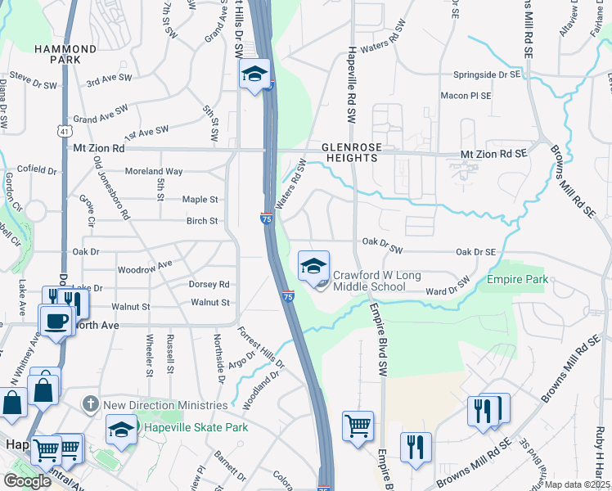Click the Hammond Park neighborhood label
65,55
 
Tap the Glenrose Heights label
350,152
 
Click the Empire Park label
516,280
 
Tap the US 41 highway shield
65,131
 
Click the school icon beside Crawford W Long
313,266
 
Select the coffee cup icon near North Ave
56,321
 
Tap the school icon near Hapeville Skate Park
122,430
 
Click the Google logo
27,480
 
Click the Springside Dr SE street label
488,74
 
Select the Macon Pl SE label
466,96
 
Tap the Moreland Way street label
153,171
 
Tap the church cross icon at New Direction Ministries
92,405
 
